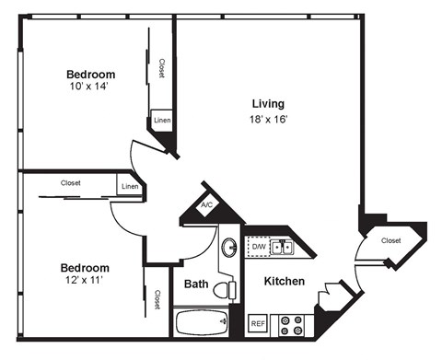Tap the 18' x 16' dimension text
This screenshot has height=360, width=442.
pyautogui.click(x=268, y=120)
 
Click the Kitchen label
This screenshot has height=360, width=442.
pyautogui.click(x=285, y=281)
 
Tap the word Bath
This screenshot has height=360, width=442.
pyautogui.click(x=194, y=285)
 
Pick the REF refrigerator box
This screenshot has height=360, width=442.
pyautogui.click(x=259, y=324)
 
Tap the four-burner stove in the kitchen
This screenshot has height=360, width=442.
pyautogui.click(x=293, y=324)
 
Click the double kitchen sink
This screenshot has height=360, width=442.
pyautogui.click(x=283, y=248)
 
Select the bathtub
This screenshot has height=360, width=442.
pyautogui.click(x=200, y=323)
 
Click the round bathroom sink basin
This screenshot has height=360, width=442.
pyautogui.click(x=228, y=249)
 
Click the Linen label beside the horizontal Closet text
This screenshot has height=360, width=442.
pyautogui.click(x=130, y=188)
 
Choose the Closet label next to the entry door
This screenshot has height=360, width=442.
pyautogui.click(x=391, y=241)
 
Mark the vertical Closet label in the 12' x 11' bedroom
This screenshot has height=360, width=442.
pyautogui.click(x=157, y=299)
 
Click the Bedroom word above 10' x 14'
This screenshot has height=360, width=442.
pyautogui.click(x=90, y=75)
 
